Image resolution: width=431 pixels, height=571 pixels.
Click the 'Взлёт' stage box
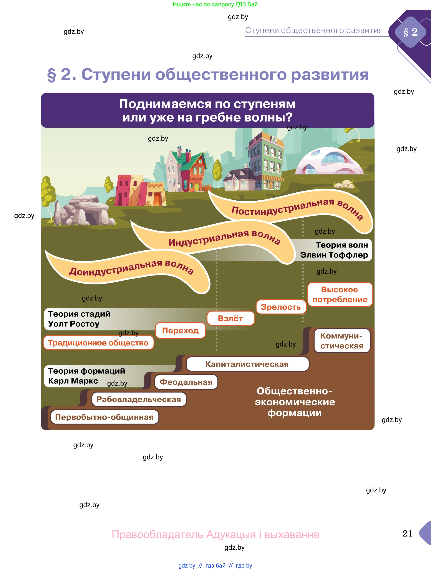(x=230, y=318)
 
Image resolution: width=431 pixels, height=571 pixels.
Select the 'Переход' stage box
(x=180, y=330)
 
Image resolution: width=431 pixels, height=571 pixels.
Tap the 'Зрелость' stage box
(x=281, y=307)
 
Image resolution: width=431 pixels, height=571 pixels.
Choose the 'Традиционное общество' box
(x=98, y=343)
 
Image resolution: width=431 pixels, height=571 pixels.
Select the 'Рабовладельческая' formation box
(x=139, y=399)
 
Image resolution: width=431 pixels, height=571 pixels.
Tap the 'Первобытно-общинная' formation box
(x=104, y=417)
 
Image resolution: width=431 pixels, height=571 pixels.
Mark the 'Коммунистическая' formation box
(x=342, y=341)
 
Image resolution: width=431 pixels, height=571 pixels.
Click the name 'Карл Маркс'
(x=73, y=381)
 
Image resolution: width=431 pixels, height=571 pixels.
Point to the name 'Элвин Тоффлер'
(x=334, y=255)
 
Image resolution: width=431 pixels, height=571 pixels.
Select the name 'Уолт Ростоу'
(x=74, y=324)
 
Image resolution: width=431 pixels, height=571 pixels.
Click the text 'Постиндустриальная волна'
(x=297, y=209)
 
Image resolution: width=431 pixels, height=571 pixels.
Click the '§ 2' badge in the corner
(x=411, y=32)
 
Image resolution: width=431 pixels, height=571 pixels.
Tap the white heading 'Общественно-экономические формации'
(x=295, y=402)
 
